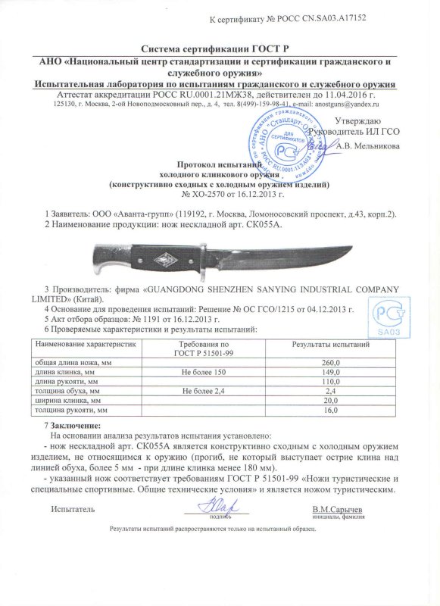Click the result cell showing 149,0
tap(331, 373)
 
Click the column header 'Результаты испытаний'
tap(331, 345)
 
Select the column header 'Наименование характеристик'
tap(83, 345)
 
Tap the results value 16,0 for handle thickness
tap(331, 410)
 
